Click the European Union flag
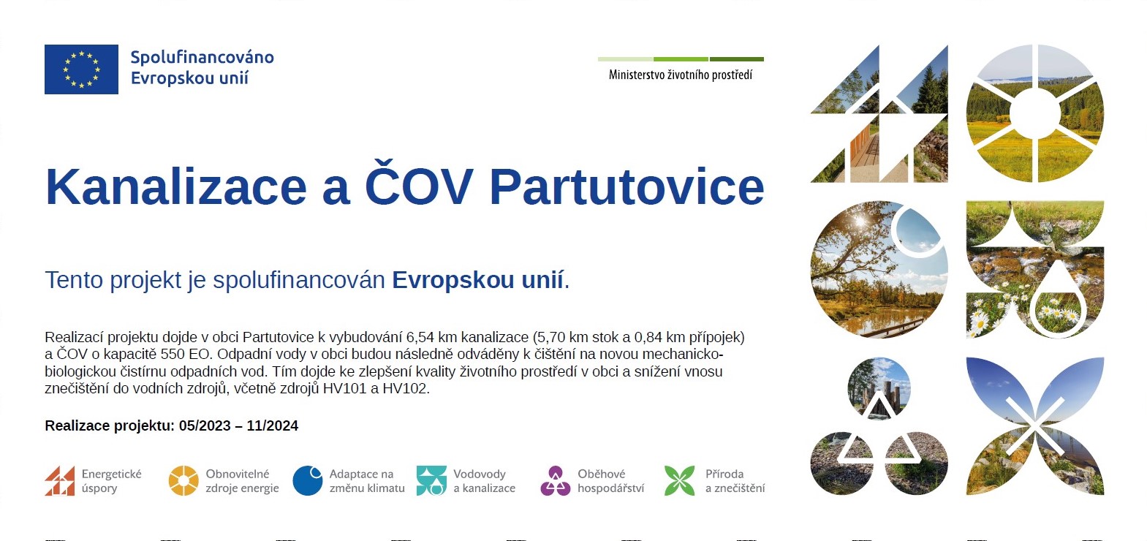[x=81, y=69]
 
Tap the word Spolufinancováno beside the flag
[x=202, y=57]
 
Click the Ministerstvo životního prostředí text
[x=681, y=75]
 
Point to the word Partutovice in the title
[x=627, y=187]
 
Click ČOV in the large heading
[x=419, y=183]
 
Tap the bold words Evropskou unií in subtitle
[x=477, y=280]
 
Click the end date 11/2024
[x=273, y=425]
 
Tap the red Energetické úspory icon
[x=60, y=480]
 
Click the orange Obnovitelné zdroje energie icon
[x=183, y=480]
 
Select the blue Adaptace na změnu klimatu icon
[x=307, y=480]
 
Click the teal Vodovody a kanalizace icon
[x=431, y=480]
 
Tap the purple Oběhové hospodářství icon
[x=556, y=480]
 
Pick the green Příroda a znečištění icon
[x=679, y=480]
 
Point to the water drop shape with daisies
[x=1057, y=302]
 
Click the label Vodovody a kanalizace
[x=484, y=481]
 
